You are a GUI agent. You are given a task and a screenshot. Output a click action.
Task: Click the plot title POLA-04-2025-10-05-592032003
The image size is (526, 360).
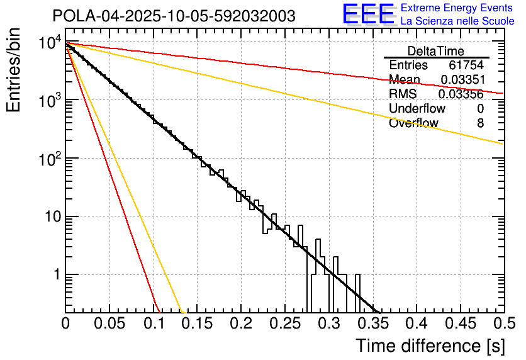(x=174, y=16)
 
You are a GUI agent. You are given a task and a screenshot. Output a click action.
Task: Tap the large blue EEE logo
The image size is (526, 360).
(x=368, y=14)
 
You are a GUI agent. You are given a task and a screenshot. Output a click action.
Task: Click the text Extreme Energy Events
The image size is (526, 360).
(x=457, y=8)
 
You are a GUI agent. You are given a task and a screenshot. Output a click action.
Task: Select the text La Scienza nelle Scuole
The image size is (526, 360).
(x=457, y=21)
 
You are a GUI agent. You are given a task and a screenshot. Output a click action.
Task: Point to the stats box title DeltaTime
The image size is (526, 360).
(x=435, y=51)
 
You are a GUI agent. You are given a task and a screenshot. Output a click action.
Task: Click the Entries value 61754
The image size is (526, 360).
(x=466, y=65)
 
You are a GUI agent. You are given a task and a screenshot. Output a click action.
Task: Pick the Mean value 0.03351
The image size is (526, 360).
(x=461, y=80)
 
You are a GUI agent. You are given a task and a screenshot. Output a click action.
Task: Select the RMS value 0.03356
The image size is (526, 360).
(x=460, y=94)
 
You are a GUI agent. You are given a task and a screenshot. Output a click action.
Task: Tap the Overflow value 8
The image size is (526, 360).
(x=480, y=123)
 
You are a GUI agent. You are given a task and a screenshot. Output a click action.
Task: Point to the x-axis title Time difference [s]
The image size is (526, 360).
(x=430, y=346)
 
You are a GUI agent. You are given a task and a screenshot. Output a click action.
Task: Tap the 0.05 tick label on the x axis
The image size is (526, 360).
(x=109, y=324)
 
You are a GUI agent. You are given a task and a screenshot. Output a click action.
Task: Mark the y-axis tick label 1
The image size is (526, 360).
(x=55, y=275)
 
